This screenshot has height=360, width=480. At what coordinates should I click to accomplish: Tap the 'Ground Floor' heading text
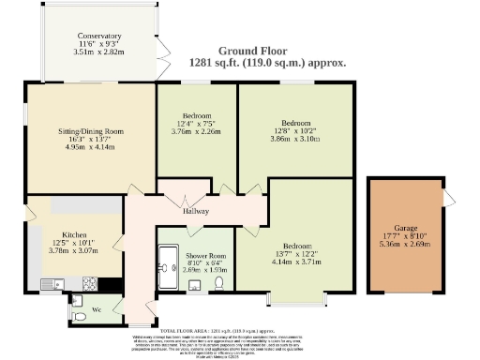pos(268,51)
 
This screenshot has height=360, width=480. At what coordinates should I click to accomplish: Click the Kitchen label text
pos(75,234)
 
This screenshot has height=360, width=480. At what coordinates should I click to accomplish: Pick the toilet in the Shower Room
pos(218,284)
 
